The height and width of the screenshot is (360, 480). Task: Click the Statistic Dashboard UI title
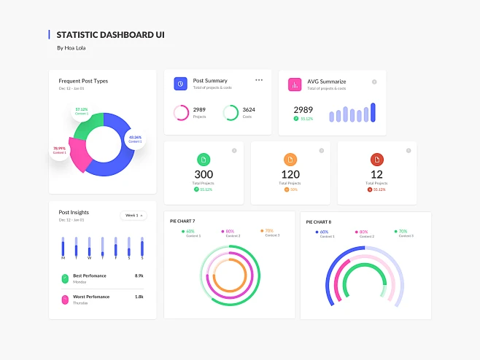click(x=110, y=34)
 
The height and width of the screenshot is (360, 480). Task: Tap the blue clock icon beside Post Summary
click(x=180, y=84)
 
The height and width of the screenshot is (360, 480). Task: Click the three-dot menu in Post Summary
click(x=259, y=80)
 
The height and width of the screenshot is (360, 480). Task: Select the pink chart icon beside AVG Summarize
click(x=295, y=85)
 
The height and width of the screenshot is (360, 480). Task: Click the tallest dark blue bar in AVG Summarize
click(x=373, y=112)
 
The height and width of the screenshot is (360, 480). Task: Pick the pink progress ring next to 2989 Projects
click(x=181, y=113)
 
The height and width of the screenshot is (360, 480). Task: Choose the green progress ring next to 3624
click(x=231, y=113)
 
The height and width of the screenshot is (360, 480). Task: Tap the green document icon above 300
click(x=204, y=160)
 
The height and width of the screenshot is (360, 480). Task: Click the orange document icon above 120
click(x=290, y=160)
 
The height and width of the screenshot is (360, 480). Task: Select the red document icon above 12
click(x=377, y=160)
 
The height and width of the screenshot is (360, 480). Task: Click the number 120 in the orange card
click(x=290, y=174)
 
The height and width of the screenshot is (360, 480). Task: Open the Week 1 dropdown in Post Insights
click(x=133, y=215)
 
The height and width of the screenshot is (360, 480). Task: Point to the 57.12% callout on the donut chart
click(x=81, y=111)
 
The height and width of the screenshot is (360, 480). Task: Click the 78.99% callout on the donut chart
click(x=60, y=150)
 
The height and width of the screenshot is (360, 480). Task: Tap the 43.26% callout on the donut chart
click(x=136, y=138)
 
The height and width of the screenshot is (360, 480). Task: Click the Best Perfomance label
click(x=90, y=275)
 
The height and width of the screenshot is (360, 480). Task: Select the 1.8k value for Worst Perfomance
click(x=139, y=297)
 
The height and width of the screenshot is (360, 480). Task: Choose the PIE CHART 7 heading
click(x=182, y=221)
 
